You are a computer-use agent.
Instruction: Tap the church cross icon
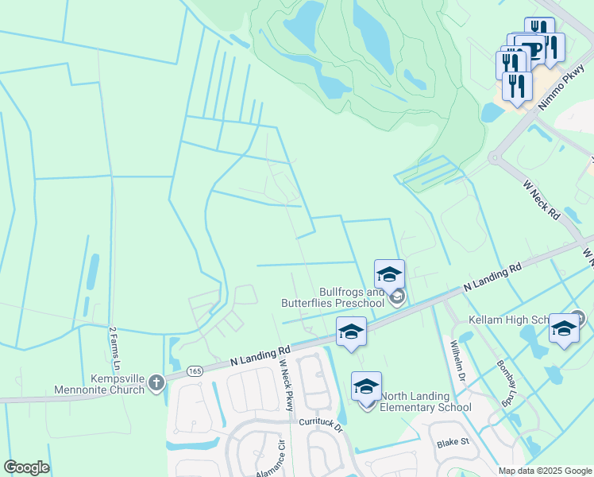pos(156,384)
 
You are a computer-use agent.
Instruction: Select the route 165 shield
pos(195,370)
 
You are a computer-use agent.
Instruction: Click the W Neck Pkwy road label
pos(287,385)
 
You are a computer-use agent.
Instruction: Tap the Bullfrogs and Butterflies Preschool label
pos(333,297)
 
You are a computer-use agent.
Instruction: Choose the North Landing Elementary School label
pos(426,402)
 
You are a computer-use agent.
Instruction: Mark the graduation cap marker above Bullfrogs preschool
pos(389,275)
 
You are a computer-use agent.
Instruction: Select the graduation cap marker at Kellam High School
pos(564,328)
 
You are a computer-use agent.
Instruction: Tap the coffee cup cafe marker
pos(549,46)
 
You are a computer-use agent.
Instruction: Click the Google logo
pos(27,467)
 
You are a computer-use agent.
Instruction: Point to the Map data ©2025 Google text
pos(544,471)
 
